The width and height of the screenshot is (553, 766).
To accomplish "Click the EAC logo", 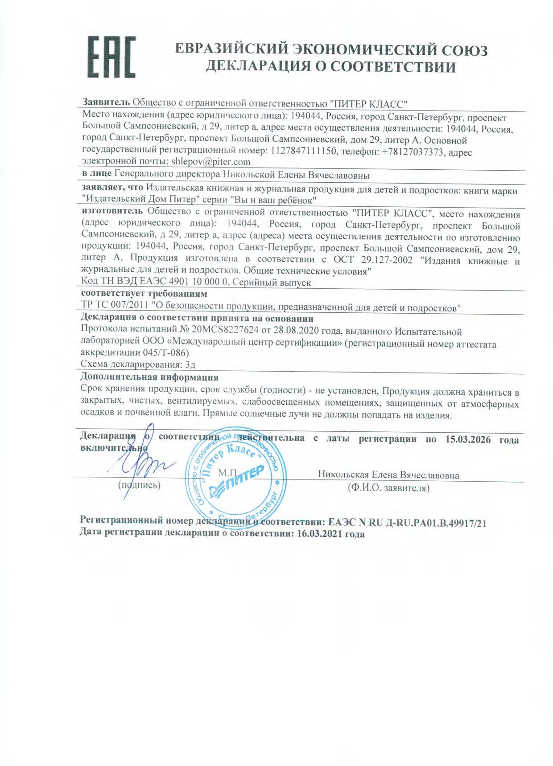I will (x=111, y=57).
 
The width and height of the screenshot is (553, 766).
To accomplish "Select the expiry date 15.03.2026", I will (x=468, y=439).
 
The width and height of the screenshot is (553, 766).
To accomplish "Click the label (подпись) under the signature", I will (x=139, y=485).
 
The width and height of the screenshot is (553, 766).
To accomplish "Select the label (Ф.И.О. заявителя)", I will (x=388, y=488).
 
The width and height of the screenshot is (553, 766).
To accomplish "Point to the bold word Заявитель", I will (x=106, y=102).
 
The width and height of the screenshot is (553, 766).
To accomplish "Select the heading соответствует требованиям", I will (x=144, y=294).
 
